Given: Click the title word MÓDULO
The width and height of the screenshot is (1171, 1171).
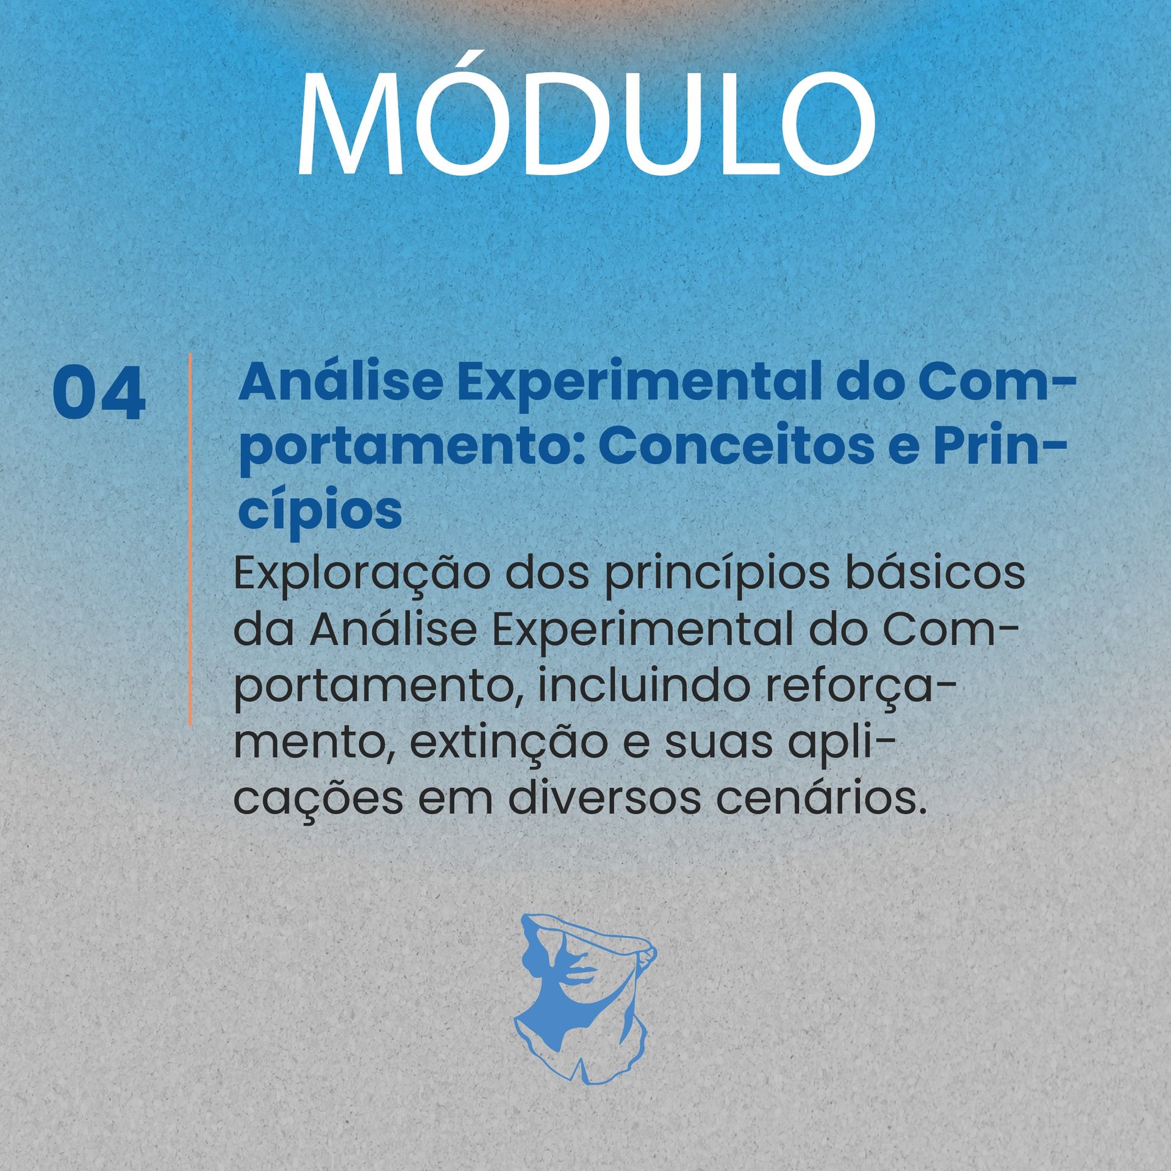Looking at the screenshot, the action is [585, 117].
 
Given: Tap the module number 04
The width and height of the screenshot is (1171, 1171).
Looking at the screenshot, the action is [99, 393].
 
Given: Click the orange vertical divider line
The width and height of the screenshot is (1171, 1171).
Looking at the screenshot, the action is [190, 539].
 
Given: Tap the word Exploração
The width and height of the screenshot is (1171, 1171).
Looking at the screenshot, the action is [361, 576].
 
